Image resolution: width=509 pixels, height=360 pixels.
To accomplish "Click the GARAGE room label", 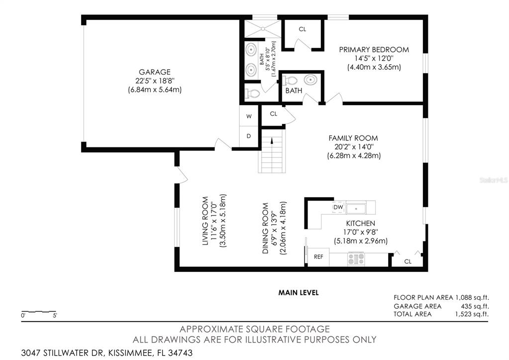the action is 155,72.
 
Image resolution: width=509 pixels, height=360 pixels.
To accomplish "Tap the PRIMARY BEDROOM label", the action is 374,50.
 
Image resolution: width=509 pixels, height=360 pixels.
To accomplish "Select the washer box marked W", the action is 249,117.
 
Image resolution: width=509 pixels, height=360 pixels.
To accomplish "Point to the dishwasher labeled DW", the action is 338,207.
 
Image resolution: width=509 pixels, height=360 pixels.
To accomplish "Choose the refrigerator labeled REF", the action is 318,257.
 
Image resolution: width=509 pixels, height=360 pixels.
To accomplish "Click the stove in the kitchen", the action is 356,259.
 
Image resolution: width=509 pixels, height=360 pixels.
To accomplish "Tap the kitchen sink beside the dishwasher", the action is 356,208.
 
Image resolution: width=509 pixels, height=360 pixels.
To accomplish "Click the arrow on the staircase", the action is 272,140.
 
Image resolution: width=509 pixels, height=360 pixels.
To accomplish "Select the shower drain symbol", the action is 262,29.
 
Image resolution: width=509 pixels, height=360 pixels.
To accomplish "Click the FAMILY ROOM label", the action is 353,138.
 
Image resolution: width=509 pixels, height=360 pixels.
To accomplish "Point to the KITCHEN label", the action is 361,224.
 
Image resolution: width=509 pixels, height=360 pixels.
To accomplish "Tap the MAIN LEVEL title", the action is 299,292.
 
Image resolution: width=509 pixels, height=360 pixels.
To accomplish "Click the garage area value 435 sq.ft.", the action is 475,306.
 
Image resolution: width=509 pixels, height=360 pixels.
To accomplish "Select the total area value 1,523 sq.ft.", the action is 472,314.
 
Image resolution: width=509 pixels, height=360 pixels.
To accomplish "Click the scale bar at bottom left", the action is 39,312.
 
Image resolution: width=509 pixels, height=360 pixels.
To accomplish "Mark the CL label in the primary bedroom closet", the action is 302,29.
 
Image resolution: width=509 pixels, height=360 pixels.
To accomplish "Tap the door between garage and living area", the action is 223,144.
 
